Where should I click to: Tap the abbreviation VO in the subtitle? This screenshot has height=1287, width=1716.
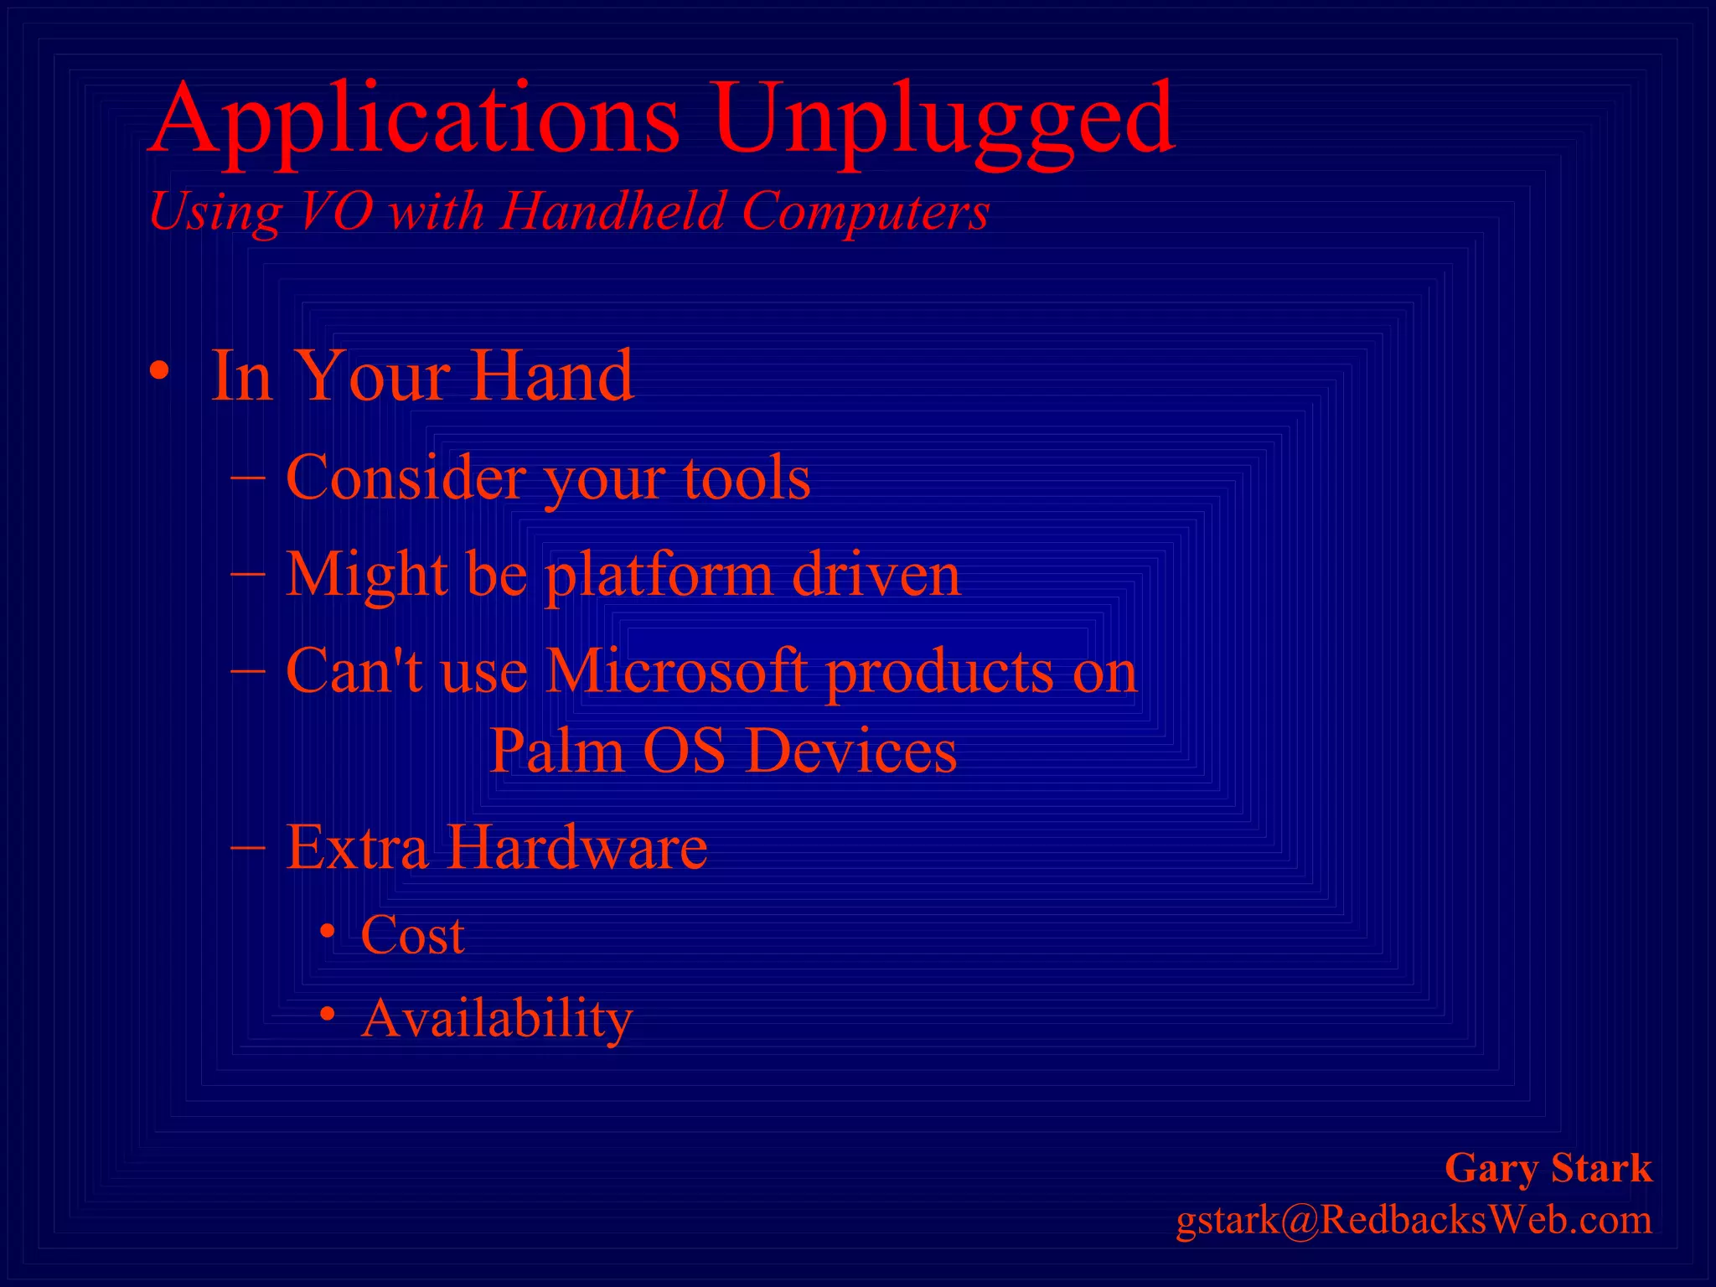point(335,211)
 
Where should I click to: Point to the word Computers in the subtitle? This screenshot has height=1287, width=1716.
point(866,211)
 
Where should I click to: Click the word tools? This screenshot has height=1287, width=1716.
point(747,478)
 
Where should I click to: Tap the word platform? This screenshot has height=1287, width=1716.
point(658,576)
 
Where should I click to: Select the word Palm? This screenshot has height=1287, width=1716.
point(557,750)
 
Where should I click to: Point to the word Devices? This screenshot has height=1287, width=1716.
point(850,750)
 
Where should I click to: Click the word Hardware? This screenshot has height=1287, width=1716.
point(576,847)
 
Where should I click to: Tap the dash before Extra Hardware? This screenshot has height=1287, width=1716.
point(248,846)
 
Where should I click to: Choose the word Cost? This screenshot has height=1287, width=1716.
point(412,935)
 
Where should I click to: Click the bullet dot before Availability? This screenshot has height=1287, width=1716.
point(328,1015)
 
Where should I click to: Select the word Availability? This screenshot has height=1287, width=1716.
point(496,1019)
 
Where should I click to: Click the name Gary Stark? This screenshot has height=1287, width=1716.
point(1548,1168)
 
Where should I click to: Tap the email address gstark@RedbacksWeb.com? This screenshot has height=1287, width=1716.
point(1414,1220)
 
